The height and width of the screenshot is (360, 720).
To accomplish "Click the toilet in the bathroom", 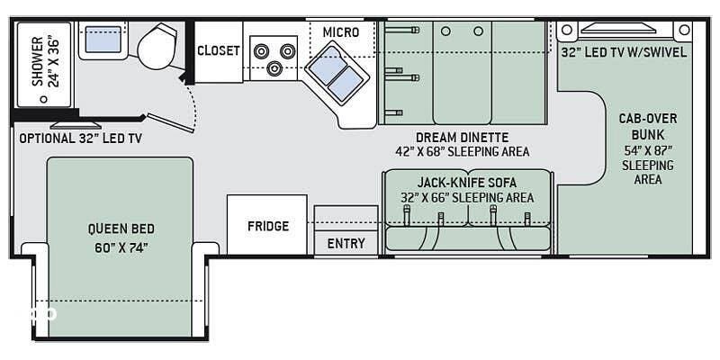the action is pos(157,46).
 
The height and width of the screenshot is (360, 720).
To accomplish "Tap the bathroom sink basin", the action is pos(103,39).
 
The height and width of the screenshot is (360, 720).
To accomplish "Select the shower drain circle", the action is pos(43,99).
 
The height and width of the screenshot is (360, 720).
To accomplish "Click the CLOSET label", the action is pos(219,50).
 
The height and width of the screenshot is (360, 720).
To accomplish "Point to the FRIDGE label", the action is pos(268,226).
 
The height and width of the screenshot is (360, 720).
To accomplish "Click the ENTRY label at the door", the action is pos(346,243).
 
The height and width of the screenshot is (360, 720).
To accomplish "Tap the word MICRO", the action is pos(341,32).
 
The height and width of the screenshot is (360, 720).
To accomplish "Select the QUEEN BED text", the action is pos(121,229).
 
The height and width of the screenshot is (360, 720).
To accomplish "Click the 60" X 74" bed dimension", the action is pos(121,248).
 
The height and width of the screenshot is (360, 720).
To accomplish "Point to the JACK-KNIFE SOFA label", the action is pos(467,183).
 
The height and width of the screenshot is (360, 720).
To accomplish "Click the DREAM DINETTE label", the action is pos(463,138).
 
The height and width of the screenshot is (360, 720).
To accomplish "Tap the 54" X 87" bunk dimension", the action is pos(648,150).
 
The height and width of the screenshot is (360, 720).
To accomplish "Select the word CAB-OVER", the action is pos(648,119).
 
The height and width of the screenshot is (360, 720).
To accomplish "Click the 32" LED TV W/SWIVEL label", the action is pos(624,52).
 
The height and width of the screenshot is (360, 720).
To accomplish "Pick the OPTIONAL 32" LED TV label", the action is pos(81,139).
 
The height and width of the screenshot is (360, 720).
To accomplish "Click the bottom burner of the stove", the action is pos(274,69).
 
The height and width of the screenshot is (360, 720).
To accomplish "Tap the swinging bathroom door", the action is pos(170,122).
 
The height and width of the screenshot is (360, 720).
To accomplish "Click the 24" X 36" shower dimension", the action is pos(54,62).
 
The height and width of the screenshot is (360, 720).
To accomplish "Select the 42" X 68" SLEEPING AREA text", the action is pos(463,151).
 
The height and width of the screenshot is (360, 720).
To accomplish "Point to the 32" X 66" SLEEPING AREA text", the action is pos(467,198).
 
